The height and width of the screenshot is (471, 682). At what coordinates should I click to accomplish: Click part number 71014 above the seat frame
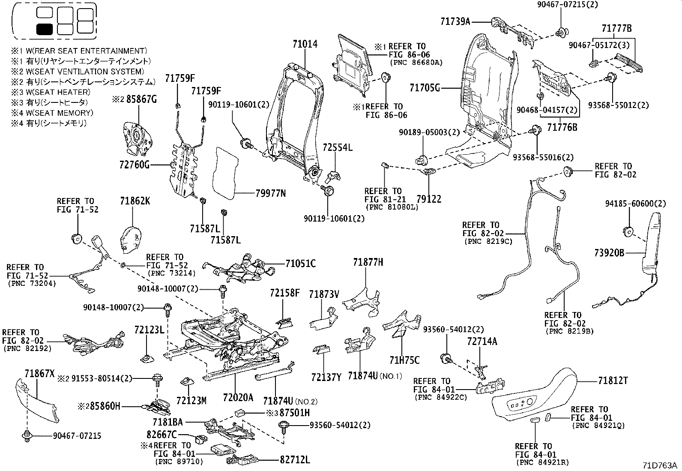click(305, 44)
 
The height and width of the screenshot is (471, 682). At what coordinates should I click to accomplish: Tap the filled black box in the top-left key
click(44, 29)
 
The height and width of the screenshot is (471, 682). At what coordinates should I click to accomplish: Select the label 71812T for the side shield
click(613, 380)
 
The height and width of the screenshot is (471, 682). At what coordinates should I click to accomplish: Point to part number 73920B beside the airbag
click(609, 253)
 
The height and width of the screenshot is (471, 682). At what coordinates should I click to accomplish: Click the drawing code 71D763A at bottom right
click(659, 465)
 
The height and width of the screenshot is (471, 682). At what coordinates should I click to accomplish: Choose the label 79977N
click(271, 193)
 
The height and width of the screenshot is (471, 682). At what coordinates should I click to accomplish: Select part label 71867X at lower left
click(39, 374)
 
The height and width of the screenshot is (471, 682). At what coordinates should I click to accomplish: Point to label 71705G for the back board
click(425, 88)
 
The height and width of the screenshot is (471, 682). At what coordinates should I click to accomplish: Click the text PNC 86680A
click(416, 63)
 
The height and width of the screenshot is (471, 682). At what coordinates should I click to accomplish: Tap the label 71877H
click(368, 262)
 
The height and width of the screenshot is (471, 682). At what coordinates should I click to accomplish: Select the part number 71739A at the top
click(455, 21)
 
